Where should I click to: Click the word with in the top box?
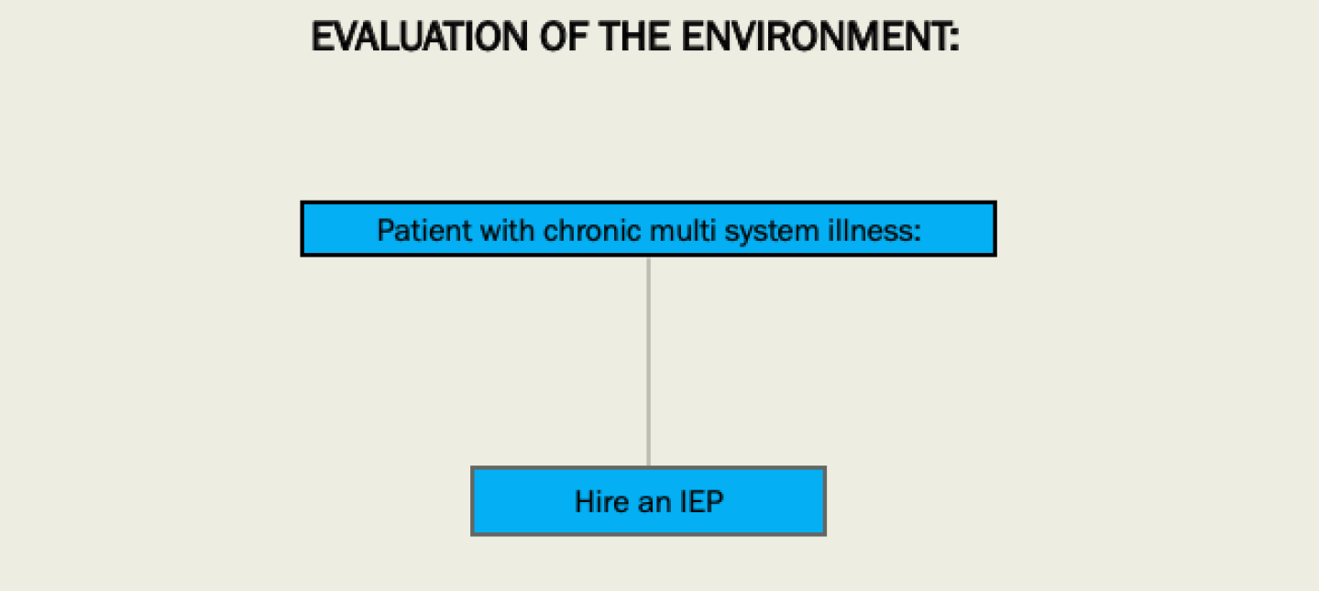[504, 230]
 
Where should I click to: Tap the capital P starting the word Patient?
[385, 230]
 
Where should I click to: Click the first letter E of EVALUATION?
[320, 38]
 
